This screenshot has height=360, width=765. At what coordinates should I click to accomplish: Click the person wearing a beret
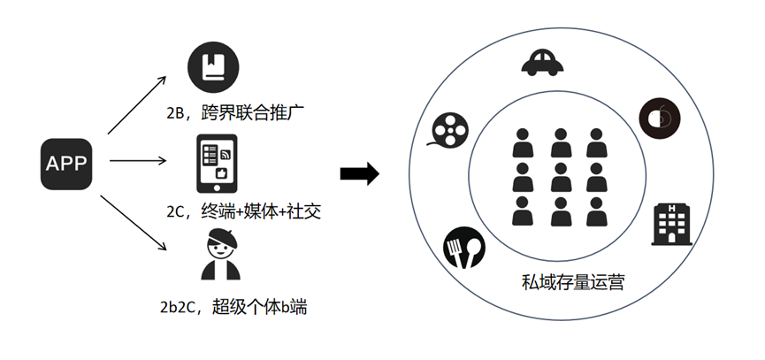pyautogui.click(x=218, y=256)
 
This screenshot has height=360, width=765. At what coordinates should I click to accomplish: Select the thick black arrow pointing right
pyautogui.click(x=359, y=173)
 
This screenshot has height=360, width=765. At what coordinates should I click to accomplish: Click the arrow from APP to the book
pyautogui.click(x=137, y=103)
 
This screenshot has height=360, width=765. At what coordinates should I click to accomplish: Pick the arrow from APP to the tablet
pyautogui.click(x=136, y=162)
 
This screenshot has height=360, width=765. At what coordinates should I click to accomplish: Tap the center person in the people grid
pyautogui.click(x=562, y=177)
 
